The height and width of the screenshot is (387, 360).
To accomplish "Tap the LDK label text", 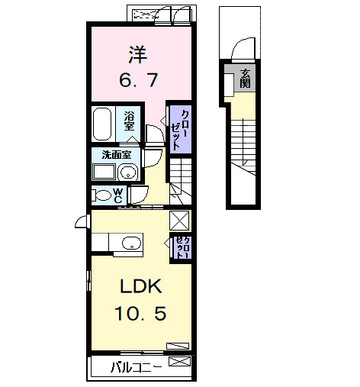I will [139, 287].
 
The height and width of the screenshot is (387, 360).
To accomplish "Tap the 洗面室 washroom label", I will [116, 154].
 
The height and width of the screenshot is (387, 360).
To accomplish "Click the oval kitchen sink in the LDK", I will [131, 244].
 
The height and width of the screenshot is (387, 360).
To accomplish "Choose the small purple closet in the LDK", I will [181, 249].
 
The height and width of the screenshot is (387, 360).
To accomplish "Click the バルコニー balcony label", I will [135, 366].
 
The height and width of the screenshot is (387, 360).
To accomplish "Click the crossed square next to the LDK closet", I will [180, 220].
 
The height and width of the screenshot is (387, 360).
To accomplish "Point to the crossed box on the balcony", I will [178, 363].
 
